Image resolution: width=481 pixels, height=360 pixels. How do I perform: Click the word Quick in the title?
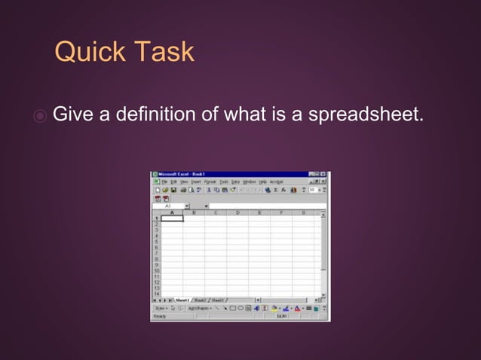tap(90, 52)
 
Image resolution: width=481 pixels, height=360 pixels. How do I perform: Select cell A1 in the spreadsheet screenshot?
tap(172, 218)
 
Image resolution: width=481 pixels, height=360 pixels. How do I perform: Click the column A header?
tap(172, 212)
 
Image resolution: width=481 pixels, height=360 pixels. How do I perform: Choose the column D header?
tap(237, 212)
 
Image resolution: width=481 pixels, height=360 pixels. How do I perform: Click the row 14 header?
tap(156, 293)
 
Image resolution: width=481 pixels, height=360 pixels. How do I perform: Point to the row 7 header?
tap(156, 252)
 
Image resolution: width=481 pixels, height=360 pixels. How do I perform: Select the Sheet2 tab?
tap(200, 300)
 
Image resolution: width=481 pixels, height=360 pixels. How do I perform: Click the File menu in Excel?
tap(164, 182)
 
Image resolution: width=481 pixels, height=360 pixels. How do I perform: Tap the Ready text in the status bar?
tap(160, 316)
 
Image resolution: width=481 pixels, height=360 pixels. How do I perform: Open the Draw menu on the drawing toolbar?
tap(161, 308)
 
